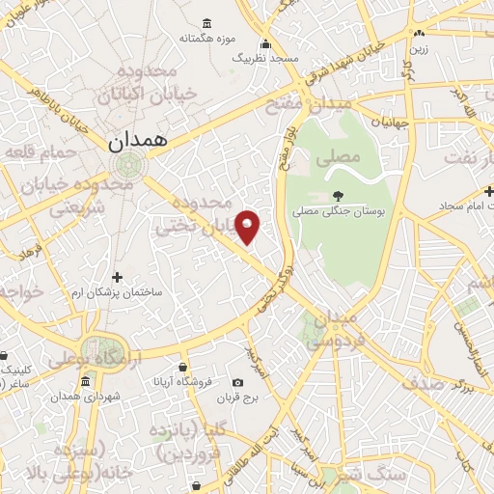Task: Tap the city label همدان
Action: point(137,140)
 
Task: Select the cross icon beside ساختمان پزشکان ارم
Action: point(118,277)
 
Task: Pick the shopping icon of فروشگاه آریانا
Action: point(182,367)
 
